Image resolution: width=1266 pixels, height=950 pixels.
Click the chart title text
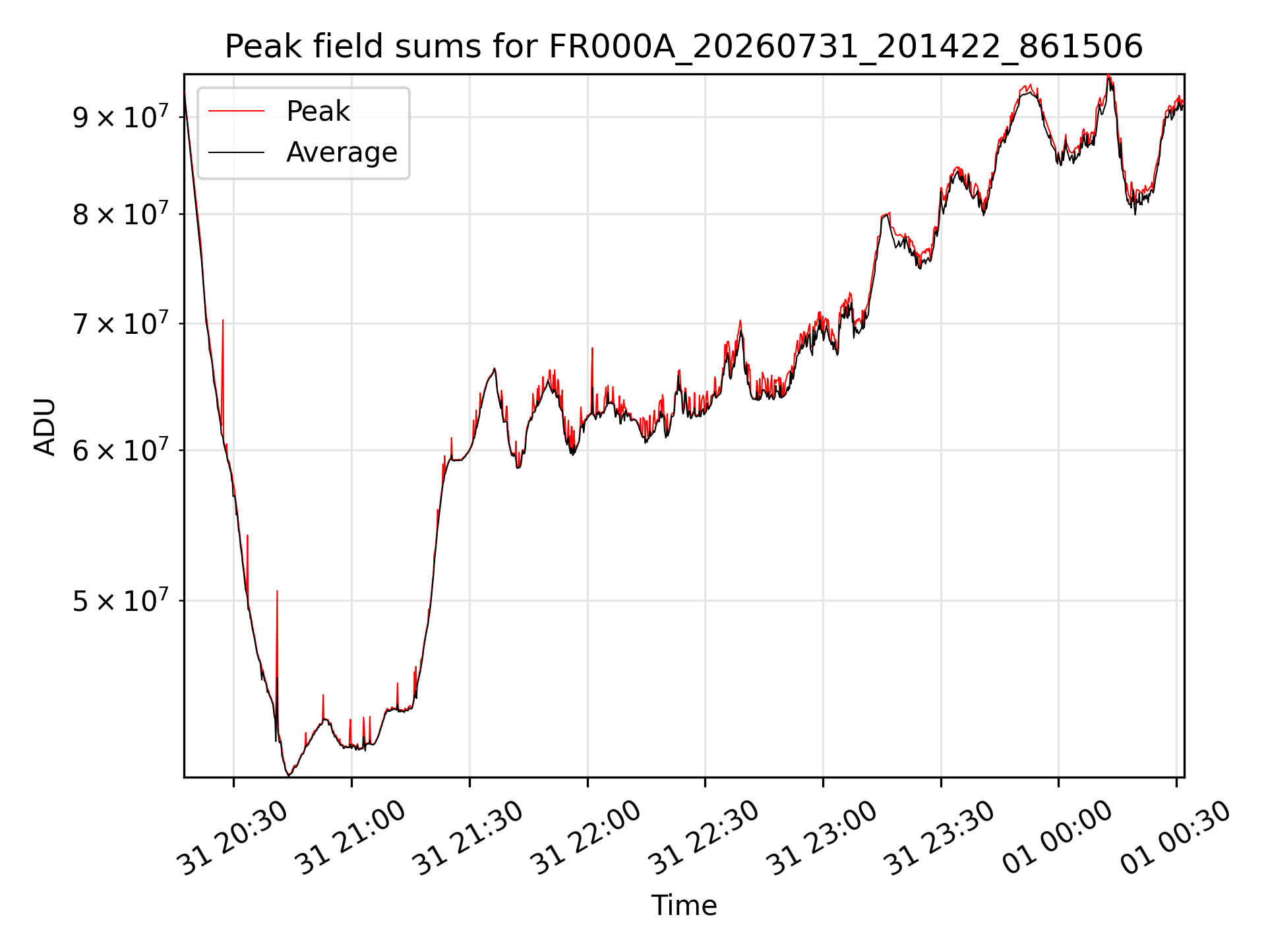click(x=684, y=47)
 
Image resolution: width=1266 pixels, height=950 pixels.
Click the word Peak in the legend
click(x=318, y=111)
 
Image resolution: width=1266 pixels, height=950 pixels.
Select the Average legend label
click(x=342, y=152)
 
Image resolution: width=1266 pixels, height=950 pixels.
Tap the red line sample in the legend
click(x=237, y=111)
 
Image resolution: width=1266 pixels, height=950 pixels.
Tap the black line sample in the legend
click(x=237, y=152)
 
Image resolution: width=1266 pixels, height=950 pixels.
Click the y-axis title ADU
click(x=45, y=426)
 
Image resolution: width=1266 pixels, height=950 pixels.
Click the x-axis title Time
click(x=684, y=906)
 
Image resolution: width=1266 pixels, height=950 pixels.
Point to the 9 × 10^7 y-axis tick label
click(x=121, y=117)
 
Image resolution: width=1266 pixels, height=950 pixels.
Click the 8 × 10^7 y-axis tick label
click(x=121, y=214)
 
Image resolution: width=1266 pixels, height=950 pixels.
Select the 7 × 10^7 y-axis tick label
click(x=121, y=323)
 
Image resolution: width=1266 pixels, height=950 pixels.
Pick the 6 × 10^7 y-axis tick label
click(x=121, y=450)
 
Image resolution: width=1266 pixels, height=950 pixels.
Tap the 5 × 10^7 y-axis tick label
click(x=121, y=600)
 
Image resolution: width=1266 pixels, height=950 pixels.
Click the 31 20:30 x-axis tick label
click(x=233, y=839)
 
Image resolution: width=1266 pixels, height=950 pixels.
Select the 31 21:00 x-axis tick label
click(x=351, y=839)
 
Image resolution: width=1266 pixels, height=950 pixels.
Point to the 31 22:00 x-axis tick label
click(x=587, y=839)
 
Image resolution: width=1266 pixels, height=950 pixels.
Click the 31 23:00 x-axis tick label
click(x=822, y=839)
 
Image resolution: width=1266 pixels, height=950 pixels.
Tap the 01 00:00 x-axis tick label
click(x=1058, y=839)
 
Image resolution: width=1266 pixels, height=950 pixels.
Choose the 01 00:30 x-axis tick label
click(x=1176, y=839)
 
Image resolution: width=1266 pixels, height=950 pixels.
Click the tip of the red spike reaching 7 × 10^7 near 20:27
click(x=223, y=320)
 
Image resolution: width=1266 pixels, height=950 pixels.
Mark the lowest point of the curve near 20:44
click(x=288, y=775)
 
